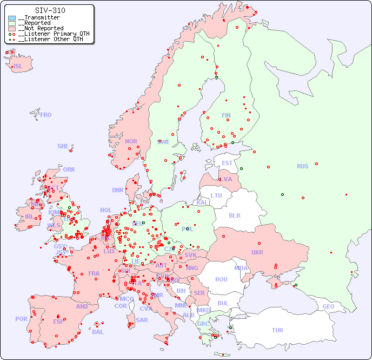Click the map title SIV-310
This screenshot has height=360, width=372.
coord(50,10)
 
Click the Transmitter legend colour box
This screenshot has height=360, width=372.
coord(12,18)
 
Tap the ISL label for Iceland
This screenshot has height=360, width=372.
coord(18,67)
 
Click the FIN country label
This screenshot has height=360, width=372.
coord(226,115)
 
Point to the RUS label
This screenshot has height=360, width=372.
coord(302,166)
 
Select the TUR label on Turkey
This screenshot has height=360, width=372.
coord(277,330)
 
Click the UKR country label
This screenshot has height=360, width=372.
coord(257,252)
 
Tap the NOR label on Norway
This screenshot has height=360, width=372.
coord(131,141)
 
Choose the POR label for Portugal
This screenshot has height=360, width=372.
coord(21,319)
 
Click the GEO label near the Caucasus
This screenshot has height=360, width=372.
coord(328,306)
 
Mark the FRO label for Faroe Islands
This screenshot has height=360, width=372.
coord(46,115)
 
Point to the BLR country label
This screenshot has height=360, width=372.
coord(234,215)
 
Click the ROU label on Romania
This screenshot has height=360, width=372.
coord(221,279)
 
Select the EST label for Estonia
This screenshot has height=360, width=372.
coord(227,163)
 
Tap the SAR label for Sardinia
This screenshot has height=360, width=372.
coord(142,320)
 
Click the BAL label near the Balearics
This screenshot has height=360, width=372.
coord(98,332)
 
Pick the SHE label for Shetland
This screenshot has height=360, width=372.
coord(63,146)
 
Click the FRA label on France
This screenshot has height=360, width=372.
coord(94,273)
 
